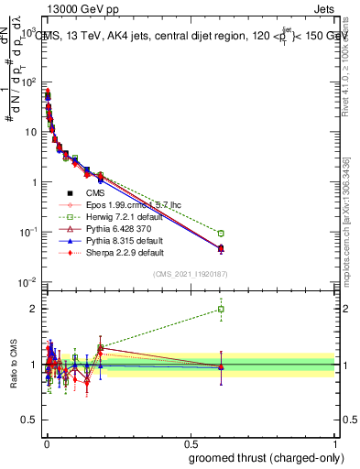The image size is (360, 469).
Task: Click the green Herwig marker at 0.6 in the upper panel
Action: (221, 234)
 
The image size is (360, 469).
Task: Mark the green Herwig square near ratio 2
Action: (221, 309)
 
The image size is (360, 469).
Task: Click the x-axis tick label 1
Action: (335, 442)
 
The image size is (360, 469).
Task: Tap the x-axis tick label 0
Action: (46, 442)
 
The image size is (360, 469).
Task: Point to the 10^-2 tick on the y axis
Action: (28, 282)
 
